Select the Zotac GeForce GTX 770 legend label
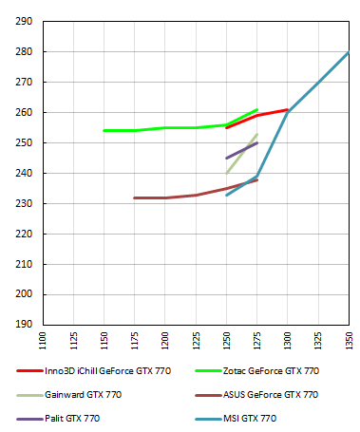pyautogui.click(x=271, y=370)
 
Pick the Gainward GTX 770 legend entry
pyautogui.click(x=84, y=394)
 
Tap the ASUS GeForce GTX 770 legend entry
pyautogui.click(x=271, y=394)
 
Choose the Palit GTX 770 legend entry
pyautogui.click(x=72, y=418)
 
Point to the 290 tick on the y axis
pyautogui.click(x=26, y=21)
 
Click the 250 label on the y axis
pyautogui.click(x=26, y=142)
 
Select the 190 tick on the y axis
pyautogui.click(x=26, y=325)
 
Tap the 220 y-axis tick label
pyautogui.click(x=26, y=234)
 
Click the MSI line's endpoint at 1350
pyautogui.click(x=349, y=52)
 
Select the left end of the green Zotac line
pyautogui.click(x=104, y=130)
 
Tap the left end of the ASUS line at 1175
pyautogui.click(x=135, y=197)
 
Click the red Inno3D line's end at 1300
pyautogui.click(x=288, y=109)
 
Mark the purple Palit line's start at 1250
pyautogui.click(x=226, y=158)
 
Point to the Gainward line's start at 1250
pyautogui.click(x=226, y=173)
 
